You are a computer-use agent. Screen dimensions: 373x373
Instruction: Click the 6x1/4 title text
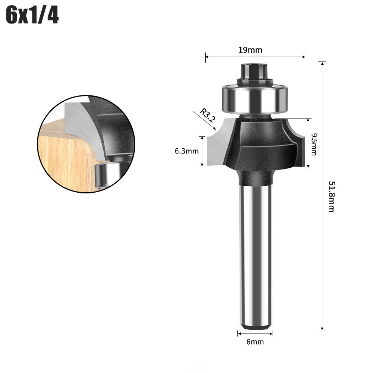[x=32, y=16]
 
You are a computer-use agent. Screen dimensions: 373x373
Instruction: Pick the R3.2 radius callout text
[x=206, y=115]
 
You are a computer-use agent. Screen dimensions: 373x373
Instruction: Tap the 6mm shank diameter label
[x=255, y=342]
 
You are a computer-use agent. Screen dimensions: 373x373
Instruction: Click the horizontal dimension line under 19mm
[x=255, y=57]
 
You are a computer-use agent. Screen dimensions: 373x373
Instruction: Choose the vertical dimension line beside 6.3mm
[x=202, y=151]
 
